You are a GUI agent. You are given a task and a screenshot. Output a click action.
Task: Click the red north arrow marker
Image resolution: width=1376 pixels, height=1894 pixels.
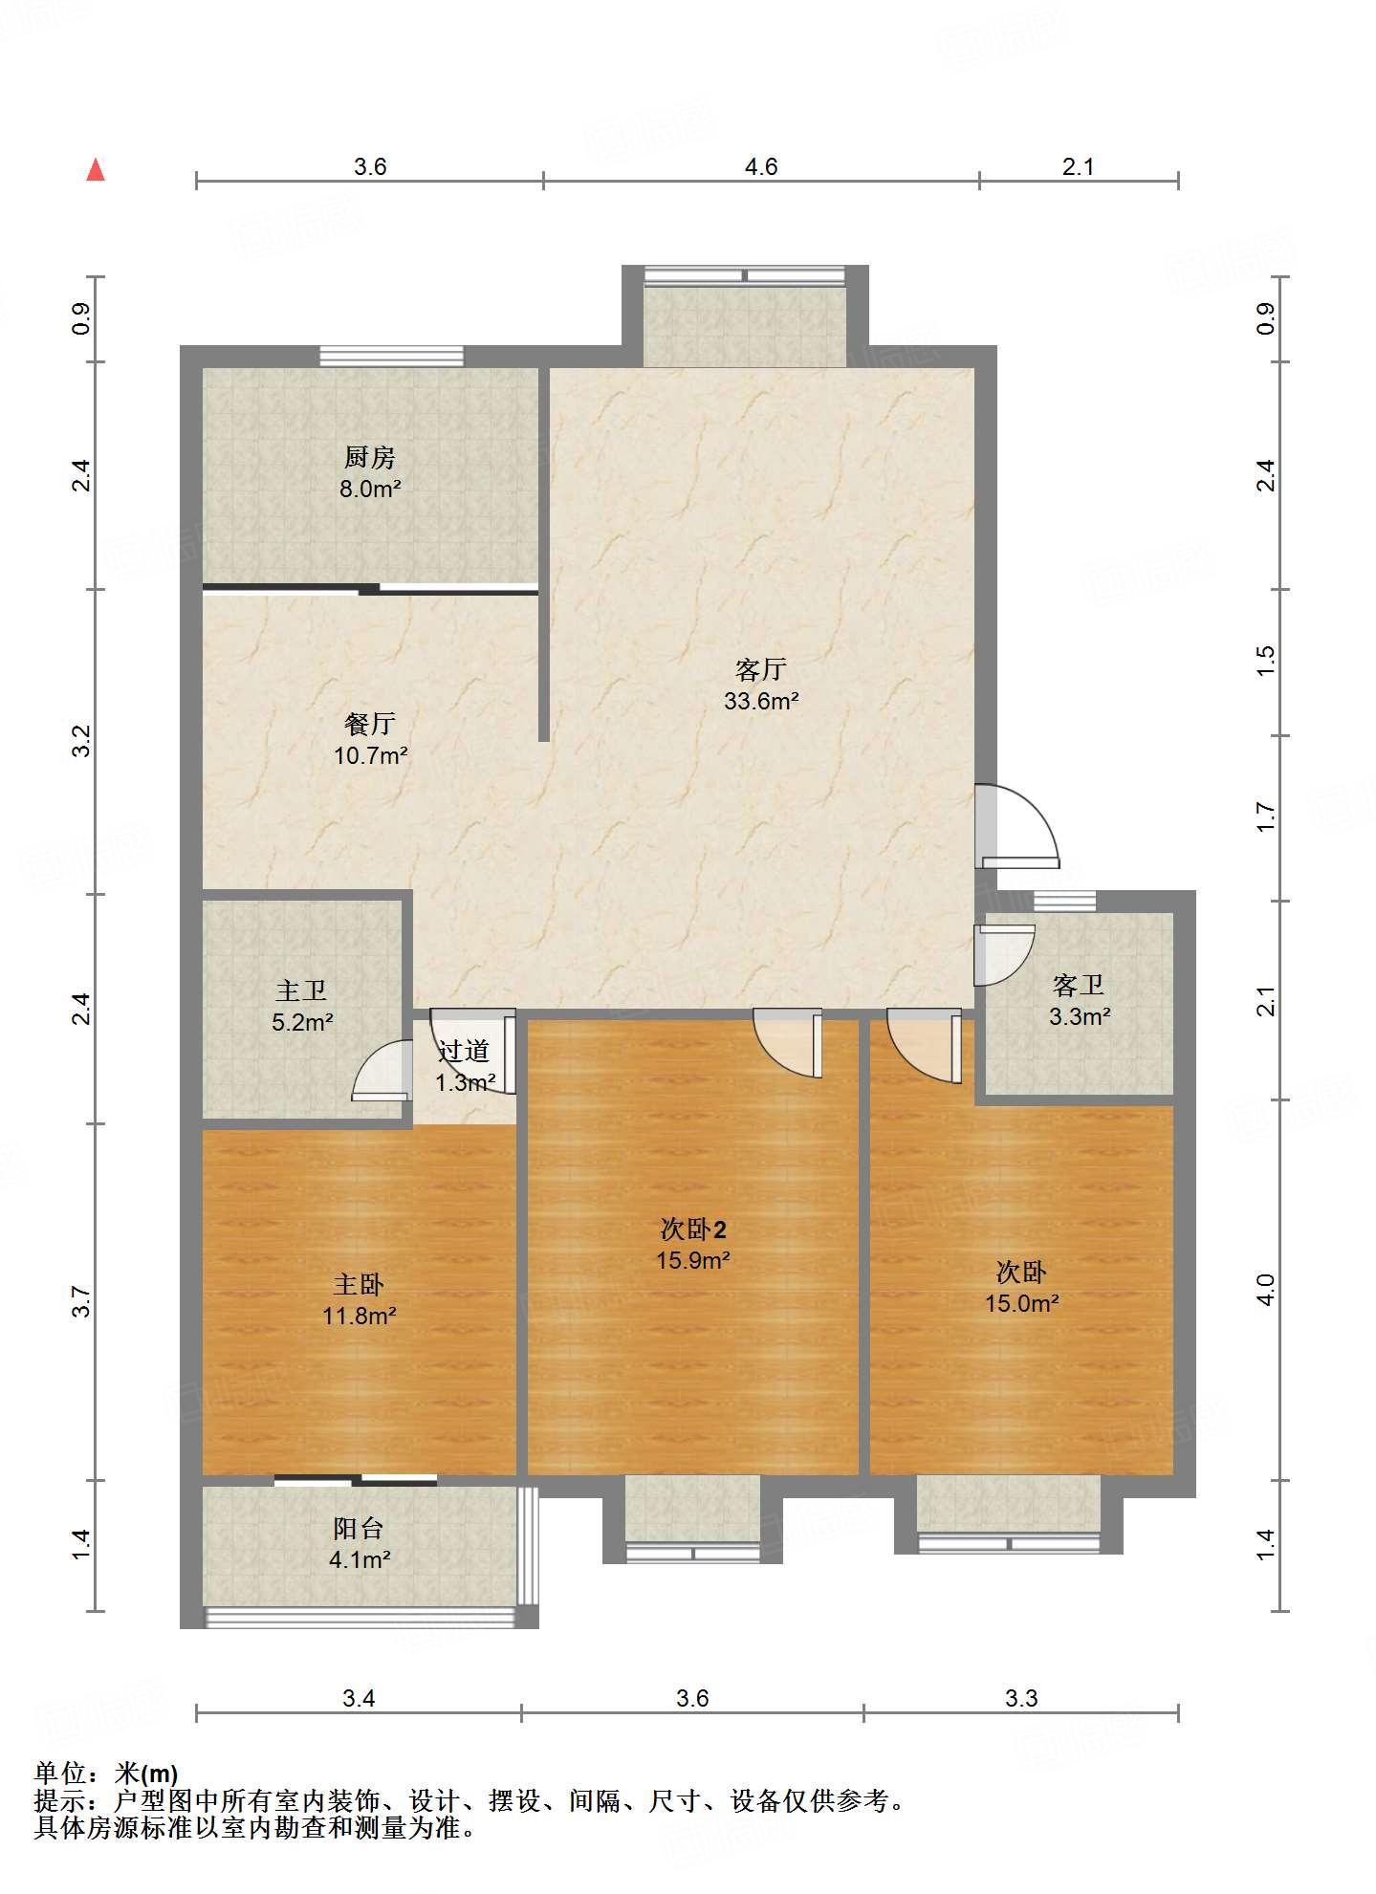[x=96, y=169]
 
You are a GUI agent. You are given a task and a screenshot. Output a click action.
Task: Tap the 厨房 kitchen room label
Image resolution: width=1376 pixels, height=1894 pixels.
[x=370, y=457]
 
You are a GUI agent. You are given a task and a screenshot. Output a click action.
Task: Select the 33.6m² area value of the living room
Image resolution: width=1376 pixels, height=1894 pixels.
[x=761, y=701]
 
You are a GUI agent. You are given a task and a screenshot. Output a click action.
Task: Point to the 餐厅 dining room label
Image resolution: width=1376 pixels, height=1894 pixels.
[x=370, y=724]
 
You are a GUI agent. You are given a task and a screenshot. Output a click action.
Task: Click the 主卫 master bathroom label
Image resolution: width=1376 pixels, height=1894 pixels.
[x=301, y=991]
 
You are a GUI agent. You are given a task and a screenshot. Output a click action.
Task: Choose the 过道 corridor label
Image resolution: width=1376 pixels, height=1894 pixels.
[x=464, y=1051]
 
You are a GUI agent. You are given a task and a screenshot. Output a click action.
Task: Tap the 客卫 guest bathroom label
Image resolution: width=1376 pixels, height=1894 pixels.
[x=1079, y=985]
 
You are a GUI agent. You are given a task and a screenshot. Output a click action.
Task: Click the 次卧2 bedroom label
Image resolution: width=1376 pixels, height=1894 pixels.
[x=693, y=1229]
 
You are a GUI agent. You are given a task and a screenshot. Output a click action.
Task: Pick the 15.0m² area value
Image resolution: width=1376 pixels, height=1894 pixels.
[x=1022, y=1303]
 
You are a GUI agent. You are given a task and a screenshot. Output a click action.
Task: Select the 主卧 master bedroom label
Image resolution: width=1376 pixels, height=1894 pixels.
[x=359, y=1284]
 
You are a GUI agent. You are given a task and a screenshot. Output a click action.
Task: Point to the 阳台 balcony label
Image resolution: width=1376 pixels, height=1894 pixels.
[x=359, y=1528]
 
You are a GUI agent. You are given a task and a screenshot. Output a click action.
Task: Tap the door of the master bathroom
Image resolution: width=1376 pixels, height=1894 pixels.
[x=379, y=1070]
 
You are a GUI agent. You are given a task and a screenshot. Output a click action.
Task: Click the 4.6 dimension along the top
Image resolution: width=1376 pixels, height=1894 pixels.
[x=761, y=166]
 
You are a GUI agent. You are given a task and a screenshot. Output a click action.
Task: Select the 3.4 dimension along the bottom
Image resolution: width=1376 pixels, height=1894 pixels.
[x=359, y=1698]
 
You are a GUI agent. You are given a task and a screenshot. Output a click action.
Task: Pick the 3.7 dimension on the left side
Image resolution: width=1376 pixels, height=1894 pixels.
[x=81, y=1301]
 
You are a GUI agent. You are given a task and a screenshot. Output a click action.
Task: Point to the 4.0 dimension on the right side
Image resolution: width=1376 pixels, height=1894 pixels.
[x=1265, y=1290]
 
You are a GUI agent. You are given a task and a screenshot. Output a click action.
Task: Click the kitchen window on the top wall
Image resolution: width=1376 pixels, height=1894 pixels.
[x=391, y=356]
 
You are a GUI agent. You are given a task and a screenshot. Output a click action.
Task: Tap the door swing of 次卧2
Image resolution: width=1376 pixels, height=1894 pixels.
[x=788, y=1043]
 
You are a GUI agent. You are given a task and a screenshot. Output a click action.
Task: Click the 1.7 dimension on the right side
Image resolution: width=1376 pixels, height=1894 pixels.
[x=1265, y=817]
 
